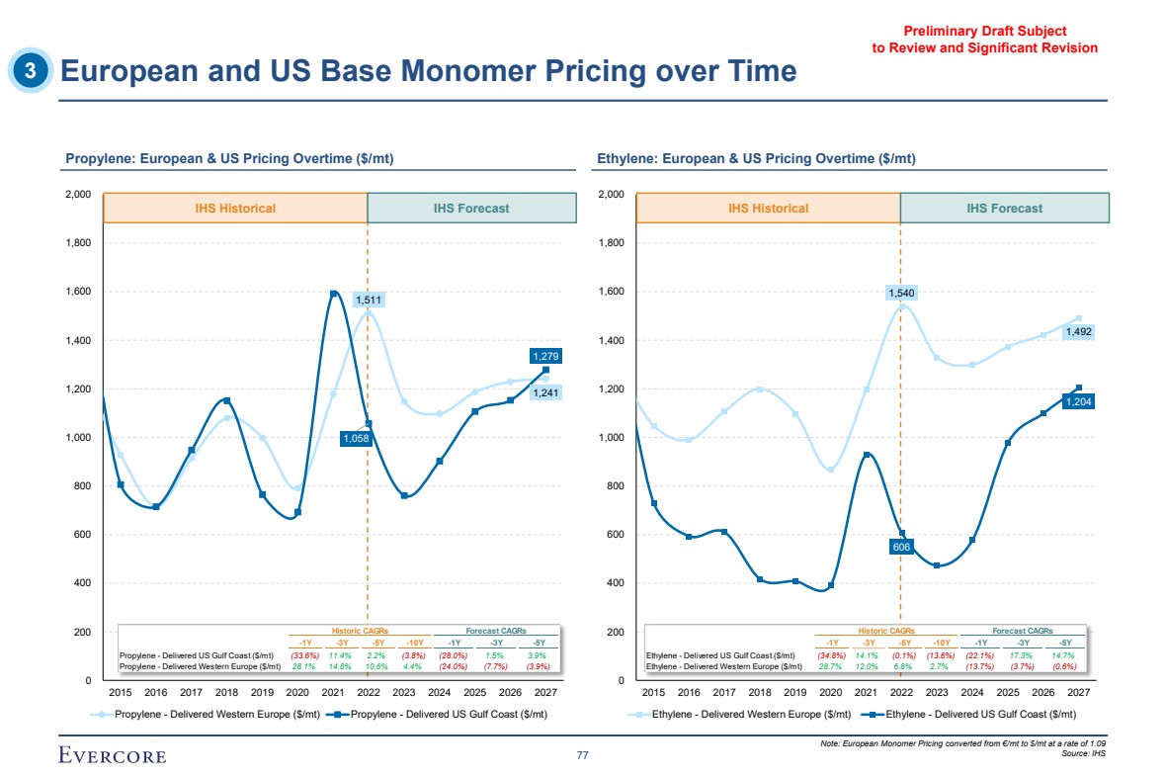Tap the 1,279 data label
[546, 356]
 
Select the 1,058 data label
[356, 439]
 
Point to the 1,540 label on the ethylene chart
[901, 293]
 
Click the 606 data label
[901, 547]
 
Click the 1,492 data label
[1079, 333]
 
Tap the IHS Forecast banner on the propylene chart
[471, 209]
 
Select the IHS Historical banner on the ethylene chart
[768, 209]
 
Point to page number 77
[582, 756]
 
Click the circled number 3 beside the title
[32, 71]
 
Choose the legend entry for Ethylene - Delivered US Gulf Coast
[968, 714]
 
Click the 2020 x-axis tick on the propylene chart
[296, 692]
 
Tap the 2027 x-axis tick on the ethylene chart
[1079, 692]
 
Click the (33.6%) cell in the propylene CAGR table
[304, 655]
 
